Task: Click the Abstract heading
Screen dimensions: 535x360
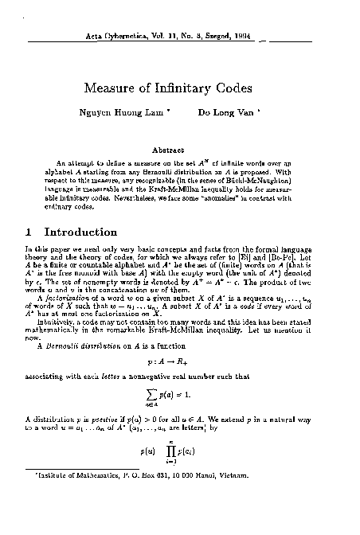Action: click(x=179, y=148)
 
